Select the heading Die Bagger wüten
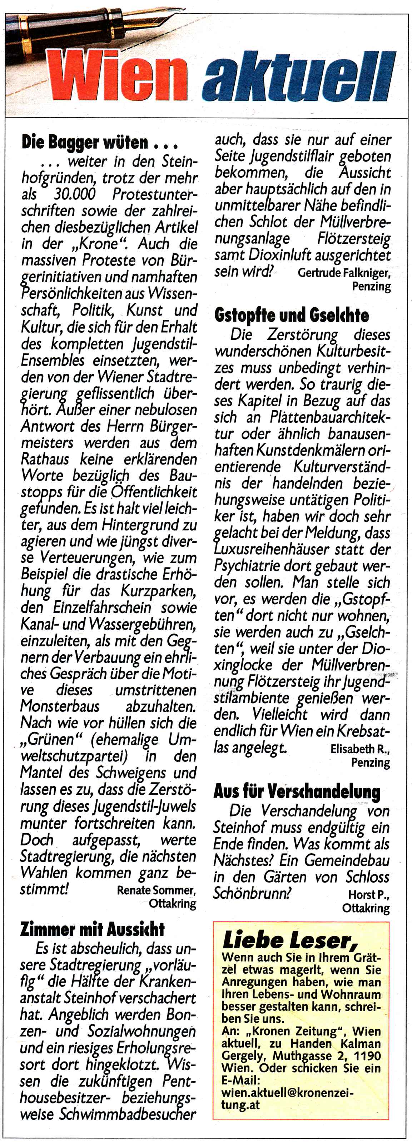[99, 143]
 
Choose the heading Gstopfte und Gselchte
[291, 315]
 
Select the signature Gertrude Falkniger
[344, 273]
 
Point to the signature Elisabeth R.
[359, 749]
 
